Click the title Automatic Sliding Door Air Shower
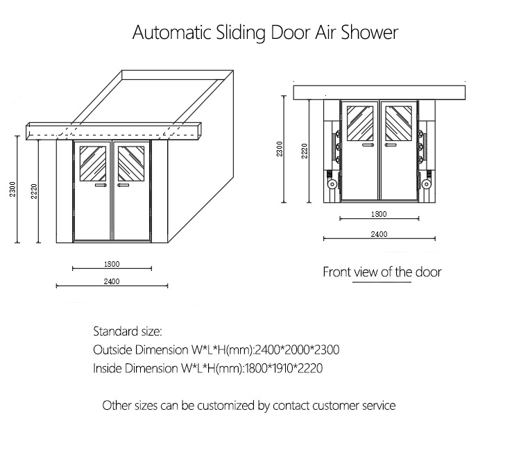(265, 33)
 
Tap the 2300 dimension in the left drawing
(12, 188)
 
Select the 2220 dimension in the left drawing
(33, 192)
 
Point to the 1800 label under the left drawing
(112, 263)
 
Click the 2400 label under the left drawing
(112, 281)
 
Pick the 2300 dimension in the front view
(279, 149)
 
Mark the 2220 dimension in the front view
(304, 151)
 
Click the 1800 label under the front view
(379, 215)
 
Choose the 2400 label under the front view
(379, 235)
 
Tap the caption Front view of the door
(382, 272)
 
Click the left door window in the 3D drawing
(93, 163)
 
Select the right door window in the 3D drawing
(130, 163)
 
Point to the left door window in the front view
(359, 123)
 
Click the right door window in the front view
(398, 123)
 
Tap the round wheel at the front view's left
(333, 185)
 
